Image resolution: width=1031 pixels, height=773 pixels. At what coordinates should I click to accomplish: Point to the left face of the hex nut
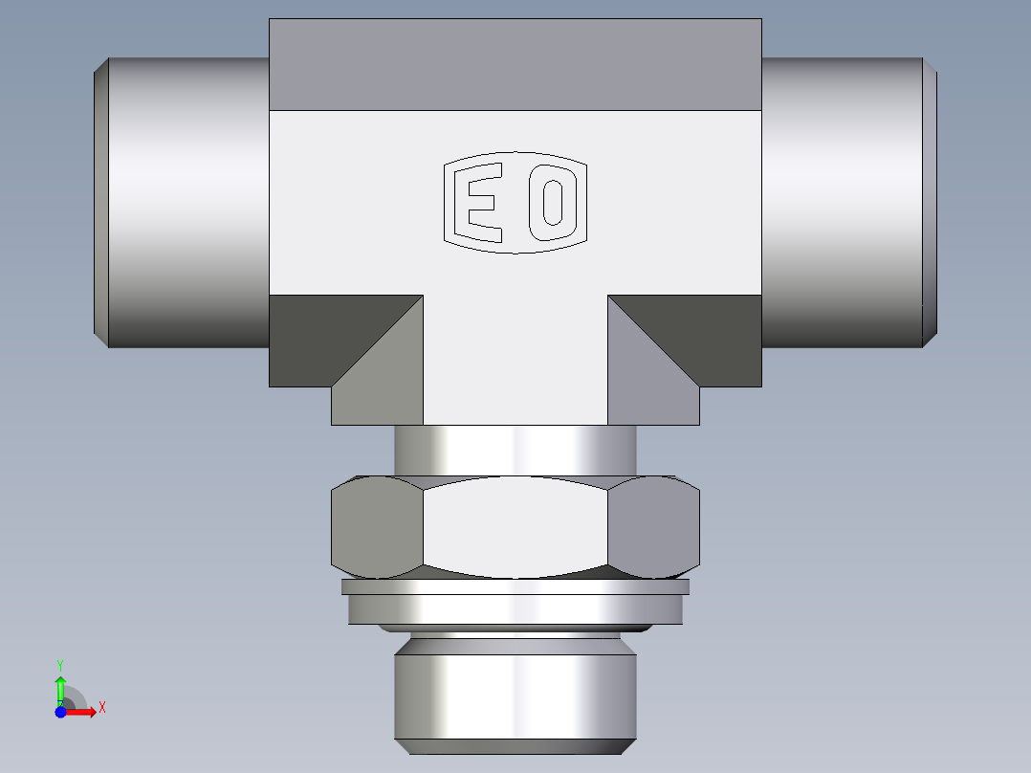375,528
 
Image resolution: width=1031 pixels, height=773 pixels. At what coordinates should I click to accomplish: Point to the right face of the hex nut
654,528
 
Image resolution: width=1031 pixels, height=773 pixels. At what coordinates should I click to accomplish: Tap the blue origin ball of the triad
60,712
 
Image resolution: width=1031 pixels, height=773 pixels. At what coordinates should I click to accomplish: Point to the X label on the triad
101,707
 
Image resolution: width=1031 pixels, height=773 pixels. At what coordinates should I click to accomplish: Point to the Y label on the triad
60,663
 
